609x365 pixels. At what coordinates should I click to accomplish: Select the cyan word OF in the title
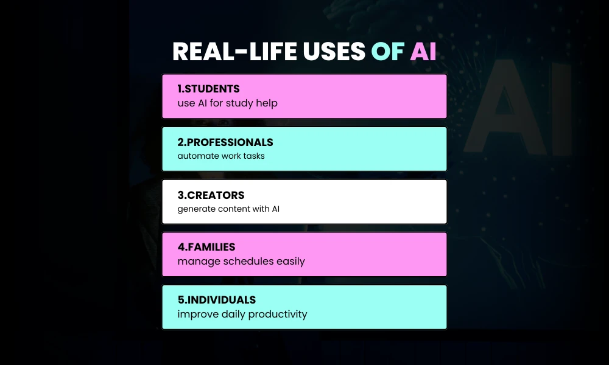click(387, 52)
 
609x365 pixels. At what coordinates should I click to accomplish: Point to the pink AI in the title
click(423, 52)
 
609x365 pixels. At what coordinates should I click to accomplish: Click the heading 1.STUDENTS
click(208, 89)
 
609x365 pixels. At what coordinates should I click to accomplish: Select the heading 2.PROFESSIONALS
click(225, 142)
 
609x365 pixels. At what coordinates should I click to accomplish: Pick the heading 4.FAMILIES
click(206, 247)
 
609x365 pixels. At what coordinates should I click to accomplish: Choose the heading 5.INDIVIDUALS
click(217, 300)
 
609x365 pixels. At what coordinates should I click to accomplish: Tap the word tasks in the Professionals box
click(252, 156)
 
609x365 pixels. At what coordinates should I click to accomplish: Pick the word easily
click(290, 262)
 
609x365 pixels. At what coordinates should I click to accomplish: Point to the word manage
click(195, 262)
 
